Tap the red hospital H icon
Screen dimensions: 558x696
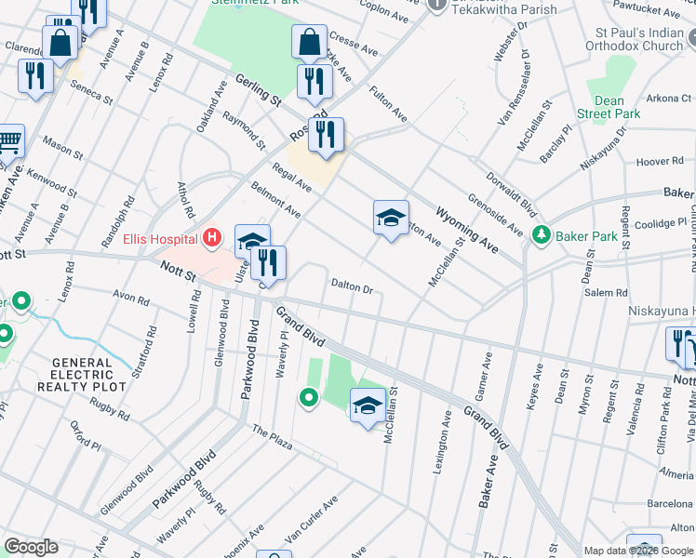pyautogui.click(x=212, y=238)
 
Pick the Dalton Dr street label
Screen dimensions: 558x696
pyautogui.click(x=353, y=288)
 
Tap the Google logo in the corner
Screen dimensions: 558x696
pyautogui.click(x=31, y=547)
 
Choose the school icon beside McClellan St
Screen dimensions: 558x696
pyautogui.click(x=368, y=405)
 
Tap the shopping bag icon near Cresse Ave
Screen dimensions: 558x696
pyautogui.click(x=309, y=42)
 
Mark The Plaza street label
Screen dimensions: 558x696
pyautogui.click(x=272, y=437)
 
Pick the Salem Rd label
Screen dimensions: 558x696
pyautogui.click(x=606, y=292)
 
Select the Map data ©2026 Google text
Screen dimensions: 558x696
pyautogui.click(x=638, y=551)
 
